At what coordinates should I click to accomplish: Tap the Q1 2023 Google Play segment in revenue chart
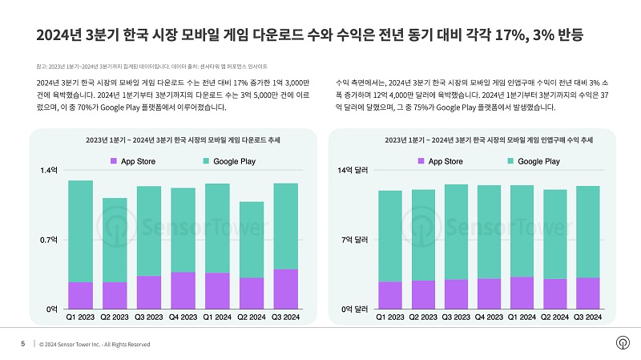(x=389, y=236)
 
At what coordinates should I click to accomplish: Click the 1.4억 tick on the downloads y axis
(x=49, y=171)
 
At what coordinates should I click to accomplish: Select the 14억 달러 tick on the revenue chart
(x=353, y=171)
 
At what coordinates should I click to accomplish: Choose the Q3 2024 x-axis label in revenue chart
(x=588, y=318)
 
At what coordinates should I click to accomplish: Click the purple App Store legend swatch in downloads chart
(x=114, y=162)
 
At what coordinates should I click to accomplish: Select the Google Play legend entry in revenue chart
(x=532, y=162)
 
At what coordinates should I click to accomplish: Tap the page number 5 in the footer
(x=22, y=344)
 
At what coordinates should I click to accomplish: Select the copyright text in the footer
(x=95, y=345)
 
